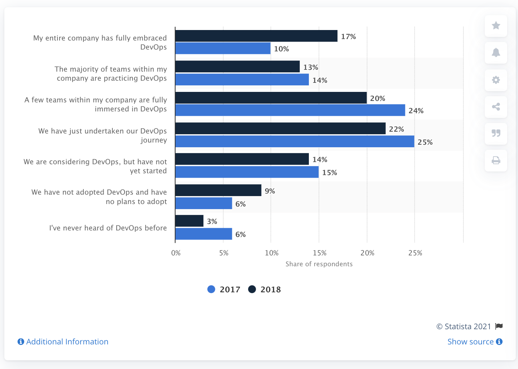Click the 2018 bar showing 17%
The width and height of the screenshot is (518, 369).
[256, 36]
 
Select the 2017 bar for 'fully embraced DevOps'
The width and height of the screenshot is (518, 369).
[223, 48]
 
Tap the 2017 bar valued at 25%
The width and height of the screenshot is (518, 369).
[294, 141]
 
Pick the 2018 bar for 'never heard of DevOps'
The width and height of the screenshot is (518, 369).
[189, 221]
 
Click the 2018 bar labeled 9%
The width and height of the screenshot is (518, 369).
[218, 190]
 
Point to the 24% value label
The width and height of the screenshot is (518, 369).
[416, 111]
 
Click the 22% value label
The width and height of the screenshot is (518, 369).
[396, 129]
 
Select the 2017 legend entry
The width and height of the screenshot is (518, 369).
[224, 289]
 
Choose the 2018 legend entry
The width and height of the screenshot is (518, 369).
[265, 289]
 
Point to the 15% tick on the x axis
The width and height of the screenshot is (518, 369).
[320, 253]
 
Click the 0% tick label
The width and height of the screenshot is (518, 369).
[176, 253]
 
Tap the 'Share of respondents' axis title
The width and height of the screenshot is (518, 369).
[319, 264]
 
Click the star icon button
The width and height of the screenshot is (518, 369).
[496, 26]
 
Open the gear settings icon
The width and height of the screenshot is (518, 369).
[496, 80]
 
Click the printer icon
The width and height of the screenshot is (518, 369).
[496, 160]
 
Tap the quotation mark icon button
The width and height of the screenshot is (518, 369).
[496, 133]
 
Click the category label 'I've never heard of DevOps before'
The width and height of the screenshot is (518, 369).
[108, 228]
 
